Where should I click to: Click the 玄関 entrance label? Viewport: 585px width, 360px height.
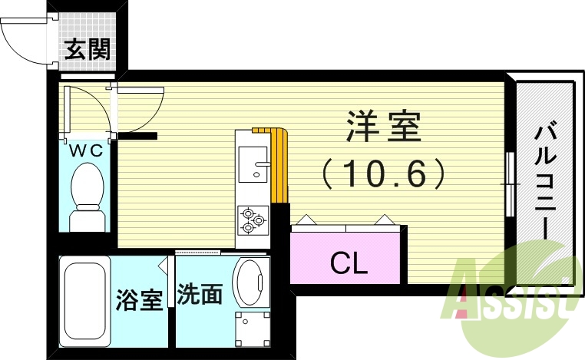pos(87,50)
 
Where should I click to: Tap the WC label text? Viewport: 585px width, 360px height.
pos(87,150)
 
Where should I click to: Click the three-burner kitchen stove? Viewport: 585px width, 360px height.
pos(251,220)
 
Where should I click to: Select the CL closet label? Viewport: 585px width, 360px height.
pos(349,263)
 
